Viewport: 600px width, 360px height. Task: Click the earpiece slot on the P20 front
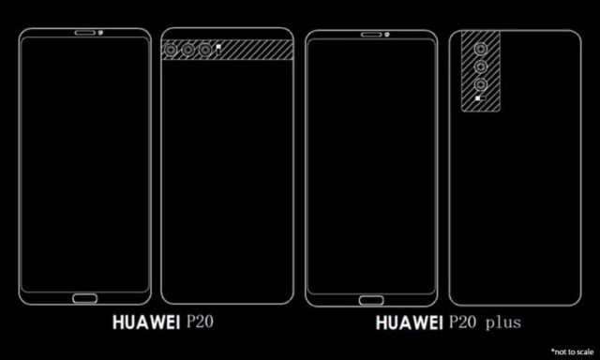tap(84, 33)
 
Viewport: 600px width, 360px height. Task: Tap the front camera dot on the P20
tap(100, 33)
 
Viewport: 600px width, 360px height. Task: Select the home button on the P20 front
tap(85, 298)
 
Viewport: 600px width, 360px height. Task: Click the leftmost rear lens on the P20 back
tap(171, 50)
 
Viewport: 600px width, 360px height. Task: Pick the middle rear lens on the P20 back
tap(187, 50)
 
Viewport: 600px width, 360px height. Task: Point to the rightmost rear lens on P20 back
tap(205, 50)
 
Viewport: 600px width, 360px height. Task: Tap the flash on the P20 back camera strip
tap(218, 48)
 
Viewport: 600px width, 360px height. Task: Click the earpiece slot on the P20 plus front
tap(371, 35)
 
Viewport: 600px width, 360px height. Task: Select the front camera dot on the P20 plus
tap(387, 35)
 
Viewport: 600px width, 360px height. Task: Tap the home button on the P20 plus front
tap(371, 300)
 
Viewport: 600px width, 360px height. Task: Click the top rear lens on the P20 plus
tap(481, 49)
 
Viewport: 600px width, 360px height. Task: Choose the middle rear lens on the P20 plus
tap(481, 67)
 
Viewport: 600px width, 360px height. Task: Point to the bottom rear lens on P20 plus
tap(481, 84)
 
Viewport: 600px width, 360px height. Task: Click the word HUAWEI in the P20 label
tap(146, 322)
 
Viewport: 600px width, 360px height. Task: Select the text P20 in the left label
tap(200, 322)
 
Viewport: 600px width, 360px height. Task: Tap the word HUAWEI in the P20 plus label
tap(409, 323)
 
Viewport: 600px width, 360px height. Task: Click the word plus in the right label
tap(503, 323)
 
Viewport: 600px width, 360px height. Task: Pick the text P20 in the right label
tap(462, 322)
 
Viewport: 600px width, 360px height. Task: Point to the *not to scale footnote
tap(572, 352)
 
